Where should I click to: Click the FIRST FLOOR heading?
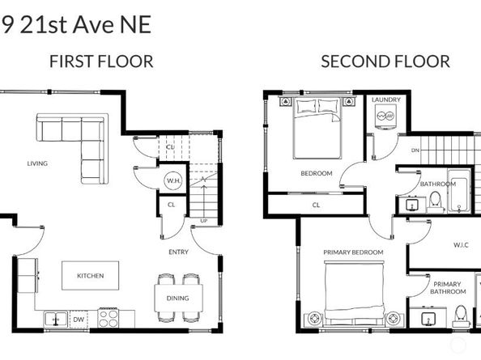click(x=101, y=61)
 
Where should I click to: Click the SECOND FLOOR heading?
click(x=385, y=61)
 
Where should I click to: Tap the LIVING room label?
click(x=37, y=163)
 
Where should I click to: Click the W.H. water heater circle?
click(x=173, y=181)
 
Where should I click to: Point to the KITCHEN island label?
click(x=90, y=276)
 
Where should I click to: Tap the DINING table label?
click(x=177, y=298)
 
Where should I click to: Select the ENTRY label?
click(x=178, y=252)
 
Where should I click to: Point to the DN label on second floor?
click(x=415, y=150)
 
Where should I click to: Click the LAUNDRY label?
click(x=386, y=100)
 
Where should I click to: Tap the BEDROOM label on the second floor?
click(x=316, y=173)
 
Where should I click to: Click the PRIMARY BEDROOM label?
click(x=353, y=252)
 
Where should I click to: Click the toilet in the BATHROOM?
click(x=435, y=200)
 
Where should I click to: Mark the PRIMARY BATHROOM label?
click(x=447, y=289)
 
